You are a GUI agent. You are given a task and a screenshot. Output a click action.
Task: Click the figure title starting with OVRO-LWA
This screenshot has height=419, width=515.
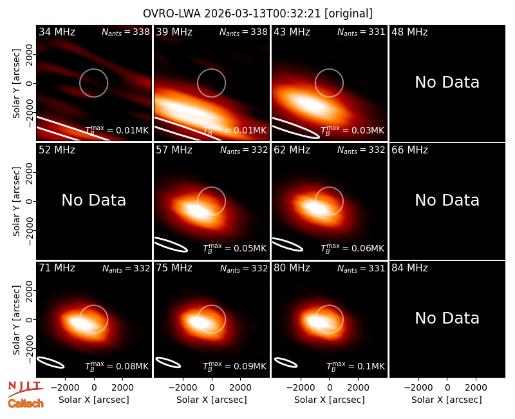pos(257,14)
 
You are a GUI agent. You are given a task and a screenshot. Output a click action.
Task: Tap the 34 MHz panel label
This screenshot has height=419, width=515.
pos(57,32)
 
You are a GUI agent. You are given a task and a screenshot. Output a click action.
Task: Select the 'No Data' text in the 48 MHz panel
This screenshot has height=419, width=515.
pos(447,83)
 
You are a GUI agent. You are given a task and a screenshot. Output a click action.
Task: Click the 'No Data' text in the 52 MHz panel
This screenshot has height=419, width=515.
pos(93,200)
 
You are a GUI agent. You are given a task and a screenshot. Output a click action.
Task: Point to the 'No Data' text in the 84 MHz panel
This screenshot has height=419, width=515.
pos(447,318)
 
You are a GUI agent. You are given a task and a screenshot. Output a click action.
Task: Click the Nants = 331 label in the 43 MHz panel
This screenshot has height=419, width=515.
pos(361,32)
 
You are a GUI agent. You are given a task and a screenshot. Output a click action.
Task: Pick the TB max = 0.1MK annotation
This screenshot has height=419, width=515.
pos(355,366)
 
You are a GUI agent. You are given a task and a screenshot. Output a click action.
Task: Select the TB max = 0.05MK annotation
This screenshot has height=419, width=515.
pos(234,248)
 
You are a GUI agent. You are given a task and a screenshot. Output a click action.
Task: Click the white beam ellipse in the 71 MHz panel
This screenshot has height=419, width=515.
pos(51,362)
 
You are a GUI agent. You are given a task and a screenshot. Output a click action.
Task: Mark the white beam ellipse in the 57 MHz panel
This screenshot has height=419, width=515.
pos(171,245)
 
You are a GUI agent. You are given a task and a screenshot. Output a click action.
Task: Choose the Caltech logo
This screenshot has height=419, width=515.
pos(26,404)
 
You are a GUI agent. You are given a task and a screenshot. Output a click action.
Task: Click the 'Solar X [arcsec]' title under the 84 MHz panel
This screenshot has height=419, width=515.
pos(447,400)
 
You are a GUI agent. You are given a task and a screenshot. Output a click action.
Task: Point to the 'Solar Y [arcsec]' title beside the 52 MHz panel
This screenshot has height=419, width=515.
pos(16,201)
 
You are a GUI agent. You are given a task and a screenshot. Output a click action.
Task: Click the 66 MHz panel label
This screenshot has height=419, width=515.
pos(409,150)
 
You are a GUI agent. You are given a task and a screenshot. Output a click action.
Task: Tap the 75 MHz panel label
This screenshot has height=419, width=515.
pos(174,268)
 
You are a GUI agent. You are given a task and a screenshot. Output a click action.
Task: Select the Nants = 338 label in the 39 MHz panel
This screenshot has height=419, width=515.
pos(243,32)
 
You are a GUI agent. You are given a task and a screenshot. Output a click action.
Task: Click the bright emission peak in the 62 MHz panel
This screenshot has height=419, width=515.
pos(315,208)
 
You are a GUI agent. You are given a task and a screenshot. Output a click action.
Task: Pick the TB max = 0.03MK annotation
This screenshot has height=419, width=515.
pos(352,130)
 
